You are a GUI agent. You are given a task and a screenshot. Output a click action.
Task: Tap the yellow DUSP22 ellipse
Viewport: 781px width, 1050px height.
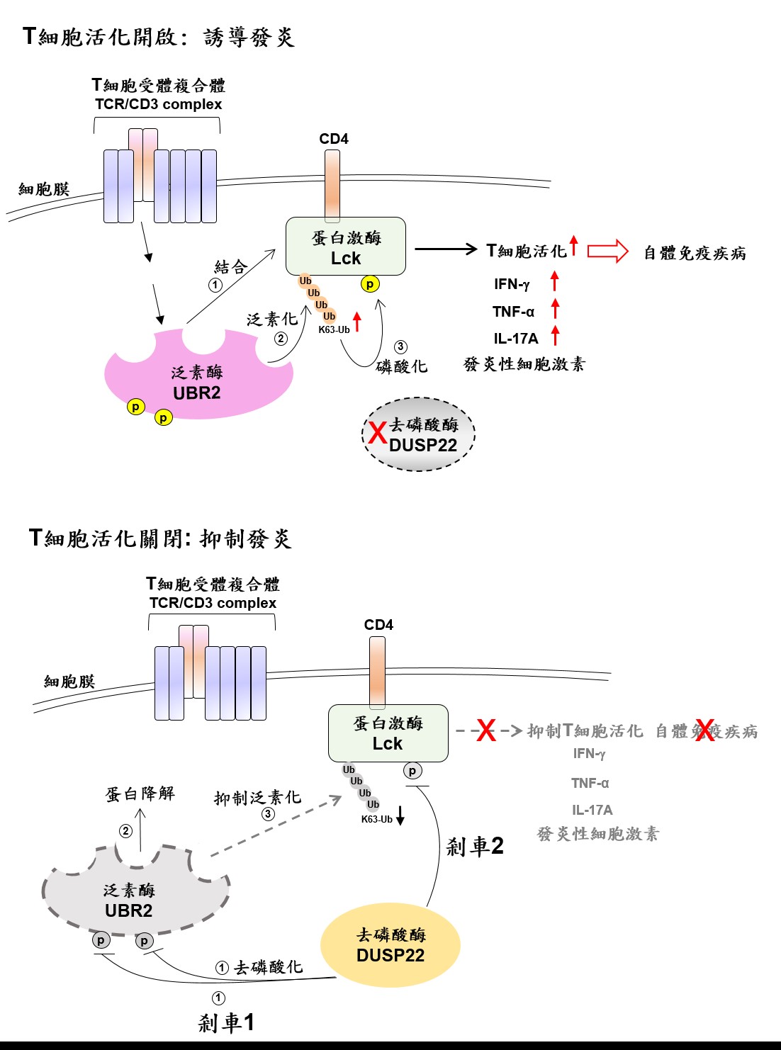(x=390, y=945)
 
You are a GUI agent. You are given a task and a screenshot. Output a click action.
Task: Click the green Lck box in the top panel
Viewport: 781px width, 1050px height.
(x=345, y=247)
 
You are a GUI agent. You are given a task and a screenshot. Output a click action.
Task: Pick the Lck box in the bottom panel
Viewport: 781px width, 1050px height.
(x=388, y=733)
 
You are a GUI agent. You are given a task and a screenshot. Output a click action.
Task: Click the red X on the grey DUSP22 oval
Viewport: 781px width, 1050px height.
(x=377, y=432)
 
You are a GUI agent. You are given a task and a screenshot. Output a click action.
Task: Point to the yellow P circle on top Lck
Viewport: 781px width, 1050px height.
(x=369, y=284)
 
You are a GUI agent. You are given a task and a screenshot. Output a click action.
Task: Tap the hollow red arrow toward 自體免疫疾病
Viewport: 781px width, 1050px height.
(x=607, y=251)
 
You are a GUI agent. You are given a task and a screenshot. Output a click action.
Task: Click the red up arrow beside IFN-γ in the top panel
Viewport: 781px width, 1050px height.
(x=555, y=281)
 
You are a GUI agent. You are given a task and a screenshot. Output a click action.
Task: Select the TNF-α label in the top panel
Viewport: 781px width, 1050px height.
(x=513, y=312)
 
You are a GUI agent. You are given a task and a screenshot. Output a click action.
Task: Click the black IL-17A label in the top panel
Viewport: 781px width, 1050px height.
(x=516, y=339)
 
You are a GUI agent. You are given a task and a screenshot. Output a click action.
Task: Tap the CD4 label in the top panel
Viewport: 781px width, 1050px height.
(x=333, y=139)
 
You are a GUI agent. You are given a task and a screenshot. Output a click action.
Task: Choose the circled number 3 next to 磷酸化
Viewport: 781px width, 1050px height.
(x=400, y=346)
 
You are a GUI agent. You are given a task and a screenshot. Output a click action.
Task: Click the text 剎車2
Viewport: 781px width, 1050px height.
(x=475, y=846)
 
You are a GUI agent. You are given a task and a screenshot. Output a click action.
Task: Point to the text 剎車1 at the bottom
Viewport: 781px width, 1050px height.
(x=226, y=1022)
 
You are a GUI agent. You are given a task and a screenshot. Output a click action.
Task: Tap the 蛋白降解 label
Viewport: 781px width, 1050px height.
(x=140, y=794)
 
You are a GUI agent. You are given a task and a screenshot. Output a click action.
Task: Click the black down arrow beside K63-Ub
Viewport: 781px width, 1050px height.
(x=400, y=816)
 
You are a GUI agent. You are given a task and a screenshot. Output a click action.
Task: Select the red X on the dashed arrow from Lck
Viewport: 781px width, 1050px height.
(x=486, y=730)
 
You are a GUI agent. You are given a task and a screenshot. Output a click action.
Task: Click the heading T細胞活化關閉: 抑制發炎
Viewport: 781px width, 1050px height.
(x=160, y=538)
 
